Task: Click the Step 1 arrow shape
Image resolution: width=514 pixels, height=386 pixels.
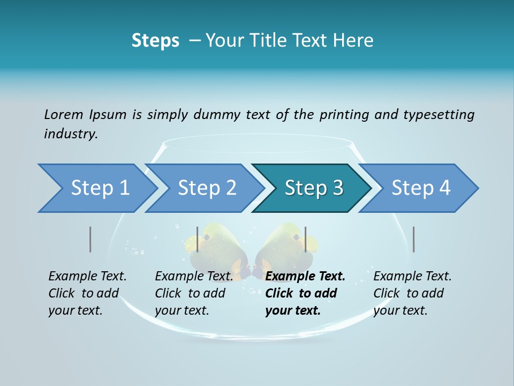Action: click(x=96, y=188)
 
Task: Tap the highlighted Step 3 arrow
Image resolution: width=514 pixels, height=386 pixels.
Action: click(x=313, y=188)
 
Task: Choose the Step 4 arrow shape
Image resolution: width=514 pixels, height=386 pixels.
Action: click(x=420, y=188)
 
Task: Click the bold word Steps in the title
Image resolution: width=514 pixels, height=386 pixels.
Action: click(x=155, y=40)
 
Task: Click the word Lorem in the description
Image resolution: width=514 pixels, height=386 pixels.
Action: click(x=64, y=114)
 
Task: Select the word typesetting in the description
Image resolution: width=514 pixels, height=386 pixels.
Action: click(x=439, y=114)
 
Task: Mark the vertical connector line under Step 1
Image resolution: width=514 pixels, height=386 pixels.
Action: click(x=90, y=239)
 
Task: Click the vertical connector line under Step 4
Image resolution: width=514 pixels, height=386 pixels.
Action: click(x=414, y=239)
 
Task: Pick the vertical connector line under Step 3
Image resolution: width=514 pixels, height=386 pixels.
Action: click(x=306, y=239)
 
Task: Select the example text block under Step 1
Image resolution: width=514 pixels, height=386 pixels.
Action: click(x=86, y=293)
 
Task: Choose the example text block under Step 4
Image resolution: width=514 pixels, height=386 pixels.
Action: click(x=411, y=293)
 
